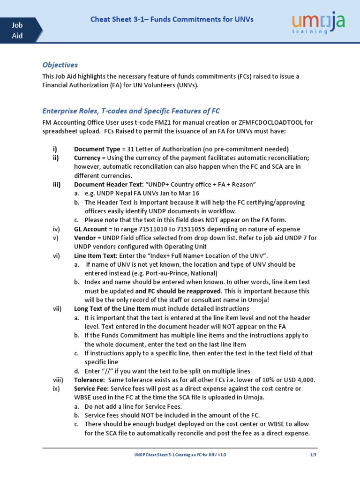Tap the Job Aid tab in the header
pos(18,30)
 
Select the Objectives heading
pos(60,65)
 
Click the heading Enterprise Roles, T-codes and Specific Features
pos(131,111)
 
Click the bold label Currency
pos(87,158)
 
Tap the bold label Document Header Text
pos(108,184)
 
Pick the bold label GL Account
pos(91,229)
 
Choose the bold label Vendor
pos(85,238)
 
